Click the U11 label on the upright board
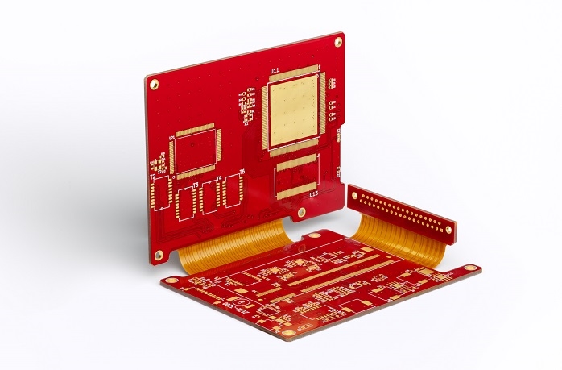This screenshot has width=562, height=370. click(275, 72)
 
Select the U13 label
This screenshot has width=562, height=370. click(312, 194)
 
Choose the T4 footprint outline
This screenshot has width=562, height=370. click(211, 196)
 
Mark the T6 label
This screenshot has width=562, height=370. click(241, 172)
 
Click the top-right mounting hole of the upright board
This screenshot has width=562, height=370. click(338, 42)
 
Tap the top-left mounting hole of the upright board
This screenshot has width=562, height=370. click(154, 84)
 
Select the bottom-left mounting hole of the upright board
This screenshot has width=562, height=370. click(159, 255)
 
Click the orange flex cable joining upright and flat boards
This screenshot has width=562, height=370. click(233, 244)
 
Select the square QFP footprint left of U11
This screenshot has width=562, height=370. click(195, 150)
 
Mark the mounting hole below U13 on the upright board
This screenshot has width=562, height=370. click(301, 213)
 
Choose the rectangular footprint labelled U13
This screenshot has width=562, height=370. click(296, 177)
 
